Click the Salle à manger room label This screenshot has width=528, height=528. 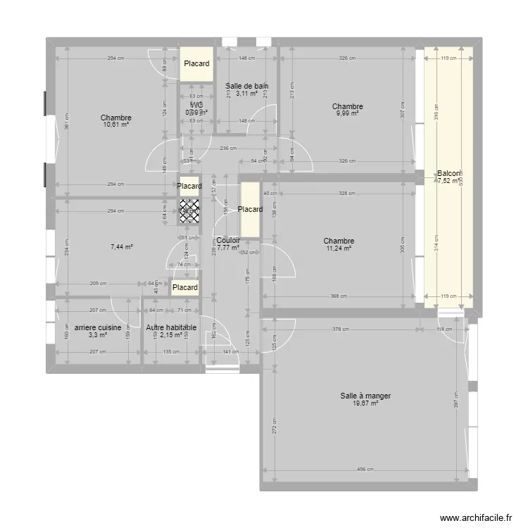coord(365,396)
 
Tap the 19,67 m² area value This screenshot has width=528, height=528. coord(365,404)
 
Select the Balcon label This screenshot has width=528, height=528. coord(448,173)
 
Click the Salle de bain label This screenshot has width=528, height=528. coord(246,86)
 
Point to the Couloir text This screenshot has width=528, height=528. coord(229,240)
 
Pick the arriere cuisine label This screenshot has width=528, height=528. coord(97,327)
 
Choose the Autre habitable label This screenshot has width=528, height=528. coord(171,327)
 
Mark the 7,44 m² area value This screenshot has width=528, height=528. coord(122,247)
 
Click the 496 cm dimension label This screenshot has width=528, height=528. coord(365,470)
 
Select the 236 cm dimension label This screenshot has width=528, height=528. coord(227,149)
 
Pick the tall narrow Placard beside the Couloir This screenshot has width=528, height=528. coord(250,209)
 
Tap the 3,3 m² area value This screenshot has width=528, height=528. coord(97,335)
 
